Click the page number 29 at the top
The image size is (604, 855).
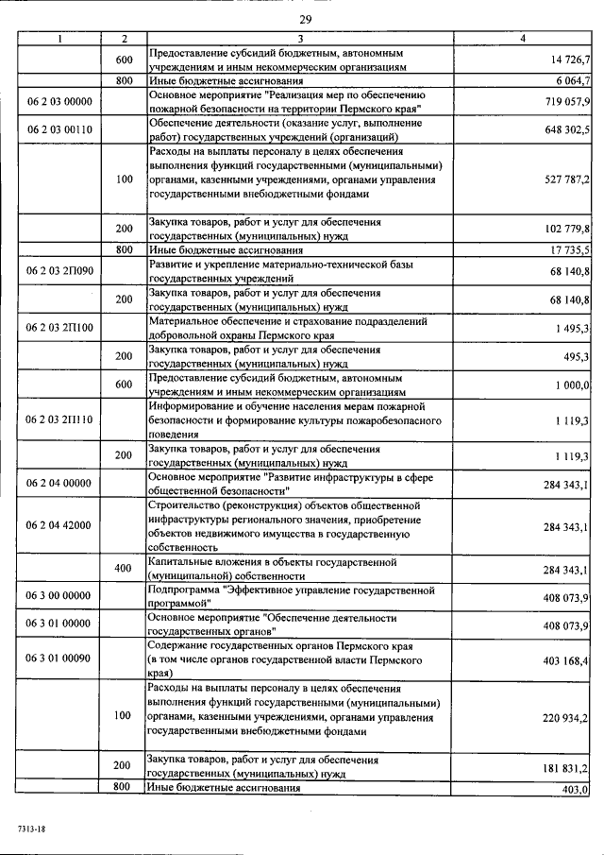306,19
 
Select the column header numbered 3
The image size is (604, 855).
299,38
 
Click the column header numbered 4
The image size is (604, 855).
524,38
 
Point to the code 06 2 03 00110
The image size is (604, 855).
59,129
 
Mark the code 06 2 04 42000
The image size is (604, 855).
59,525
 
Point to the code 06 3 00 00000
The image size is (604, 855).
59,595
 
